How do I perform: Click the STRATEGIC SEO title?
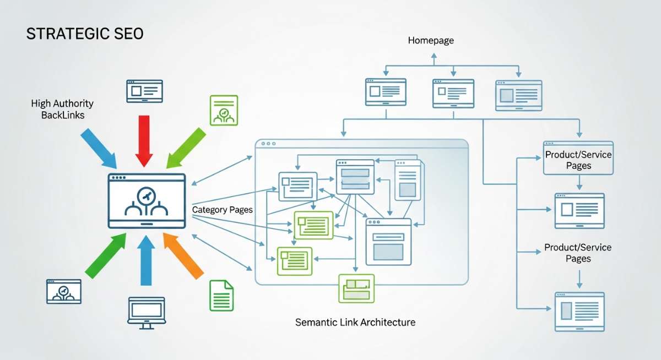pyautogui.click(x=85, y=34)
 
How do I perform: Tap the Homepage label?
pyautogui.click(x=431, y=41)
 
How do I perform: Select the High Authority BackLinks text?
pyautogui.click(x=62, y=109)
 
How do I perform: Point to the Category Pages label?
pyautogui.click(x=222, y=210)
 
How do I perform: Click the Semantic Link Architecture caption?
pyautogui.click(x=355, y=322)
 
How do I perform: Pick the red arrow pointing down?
pyautogui.click(x=144, y=140)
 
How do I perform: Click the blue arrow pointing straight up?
pyautogui.click(x=145, y=259)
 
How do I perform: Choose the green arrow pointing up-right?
pyautogui.click(x=106, y=254)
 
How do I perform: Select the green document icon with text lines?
pyautogui.click(x=221, y=296)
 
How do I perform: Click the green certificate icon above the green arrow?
pyautogui.click(x=223, y=110)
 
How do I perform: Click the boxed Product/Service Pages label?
pyautogui.click(x=578, y=160)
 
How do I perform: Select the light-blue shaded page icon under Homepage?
pyautogui.click(x=518, y=95)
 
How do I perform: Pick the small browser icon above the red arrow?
pyautogui.click(x=144, y=91)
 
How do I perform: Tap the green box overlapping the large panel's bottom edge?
pyautogui.click(x=356, y=288)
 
